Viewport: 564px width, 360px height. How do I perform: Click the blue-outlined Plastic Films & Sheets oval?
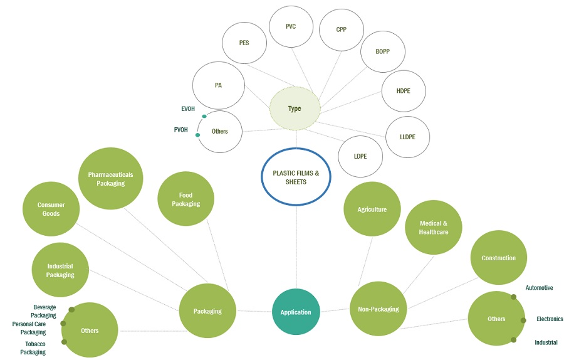(295, 176)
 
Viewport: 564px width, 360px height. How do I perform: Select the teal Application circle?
(296, 312)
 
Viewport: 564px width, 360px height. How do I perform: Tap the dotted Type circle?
(295, 109)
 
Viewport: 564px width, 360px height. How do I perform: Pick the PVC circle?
(291, 27)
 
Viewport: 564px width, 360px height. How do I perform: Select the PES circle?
(244, 43)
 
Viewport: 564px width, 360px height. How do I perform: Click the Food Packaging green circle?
(185, 199)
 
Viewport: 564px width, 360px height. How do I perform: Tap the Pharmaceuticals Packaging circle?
(110, 179)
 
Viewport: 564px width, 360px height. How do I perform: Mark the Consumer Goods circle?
(51, 209)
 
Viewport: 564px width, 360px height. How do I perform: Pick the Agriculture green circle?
(372, 209)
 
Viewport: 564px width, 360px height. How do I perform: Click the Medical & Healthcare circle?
(433, 227)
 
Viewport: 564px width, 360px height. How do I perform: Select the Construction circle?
(499, 258)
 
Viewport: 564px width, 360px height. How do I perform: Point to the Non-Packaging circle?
(378, 309)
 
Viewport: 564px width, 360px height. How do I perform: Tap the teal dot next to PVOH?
(198, 135)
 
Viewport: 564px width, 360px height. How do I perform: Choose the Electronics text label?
(550, 319)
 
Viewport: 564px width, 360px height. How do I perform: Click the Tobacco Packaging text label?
(33, 347)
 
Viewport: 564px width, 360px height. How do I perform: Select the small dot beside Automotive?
(514, 297)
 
